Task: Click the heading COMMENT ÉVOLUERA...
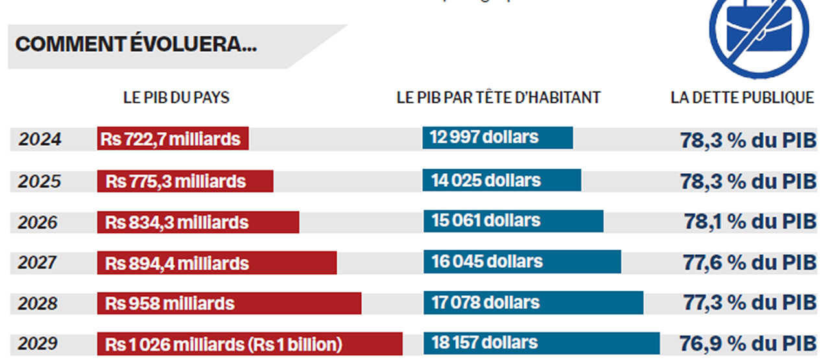pyautogui.click(x=136, y=45)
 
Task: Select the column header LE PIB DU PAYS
pyautogui.click(x=176, y=98)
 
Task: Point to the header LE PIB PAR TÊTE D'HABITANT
pyautogui.click(x=499, y=98)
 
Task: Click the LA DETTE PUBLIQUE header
pyautogui.click(x=742, y=98)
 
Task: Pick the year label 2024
pyautogui.click(x=40, y=139)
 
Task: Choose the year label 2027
pyautogui.click(x=38, y=263)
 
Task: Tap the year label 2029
pyautogui.click(x=38, y=344)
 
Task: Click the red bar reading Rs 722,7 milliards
pyautogui.click(x=173, y=139)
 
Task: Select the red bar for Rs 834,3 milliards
pyautogui.click(x=198, y=222)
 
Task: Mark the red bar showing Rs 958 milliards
pyautogui.click(x=229, y=303)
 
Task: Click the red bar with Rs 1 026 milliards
pyautogui.click(x=250, y=344)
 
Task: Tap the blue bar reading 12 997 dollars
pyautogui.click(x=497, y=138)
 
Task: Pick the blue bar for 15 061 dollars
pyautogui.click(x=513, y=221)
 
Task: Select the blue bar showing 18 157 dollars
pyautogui.click(x=541, y=343)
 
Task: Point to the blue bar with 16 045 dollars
pyautogui.click(x=522, y=261)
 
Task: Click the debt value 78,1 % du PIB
pyautogui.click(x=750, y=222)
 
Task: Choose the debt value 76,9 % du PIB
pyautogui.click(x=747, y=344)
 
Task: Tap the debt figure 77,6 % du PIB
pyautogui.click(x=749, y=263)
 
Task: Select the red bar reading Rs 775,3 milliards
pyautogui.click(x=185, y=181)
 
